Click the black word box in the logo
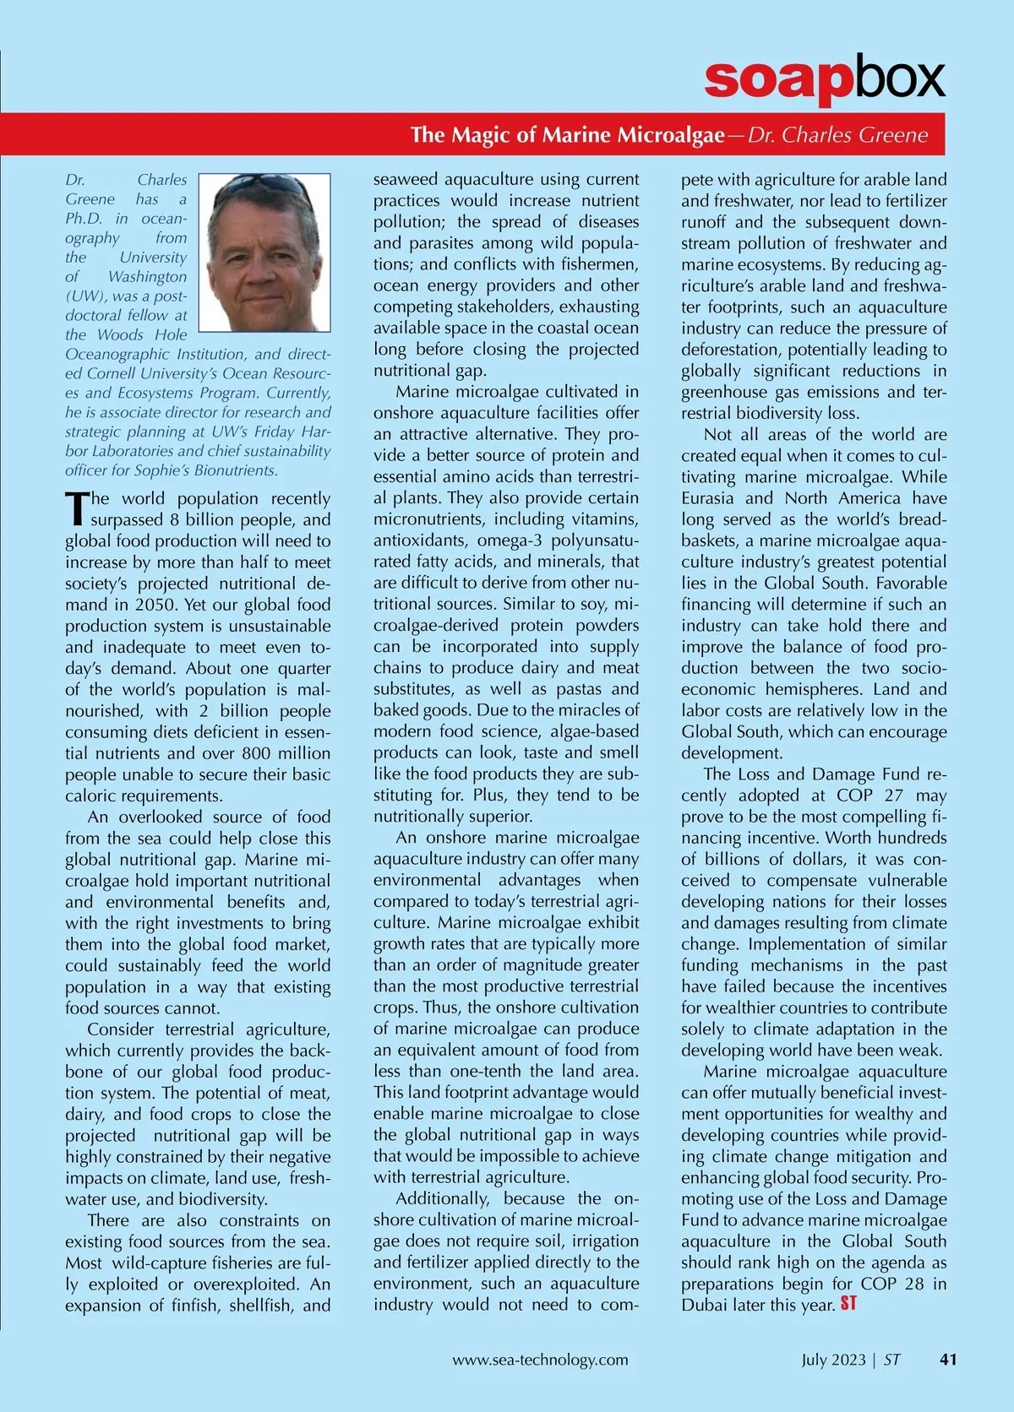coord(897,79)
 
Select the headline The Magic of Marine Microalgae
coord(567,135)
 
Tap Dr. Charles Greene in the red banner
coord(837,135)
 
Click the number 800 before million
coord(258,753)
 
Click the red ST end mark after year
coord(848,1304)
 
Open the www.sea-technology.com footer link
coord(540,1360)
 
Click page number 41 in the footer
coord(948,1360)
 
